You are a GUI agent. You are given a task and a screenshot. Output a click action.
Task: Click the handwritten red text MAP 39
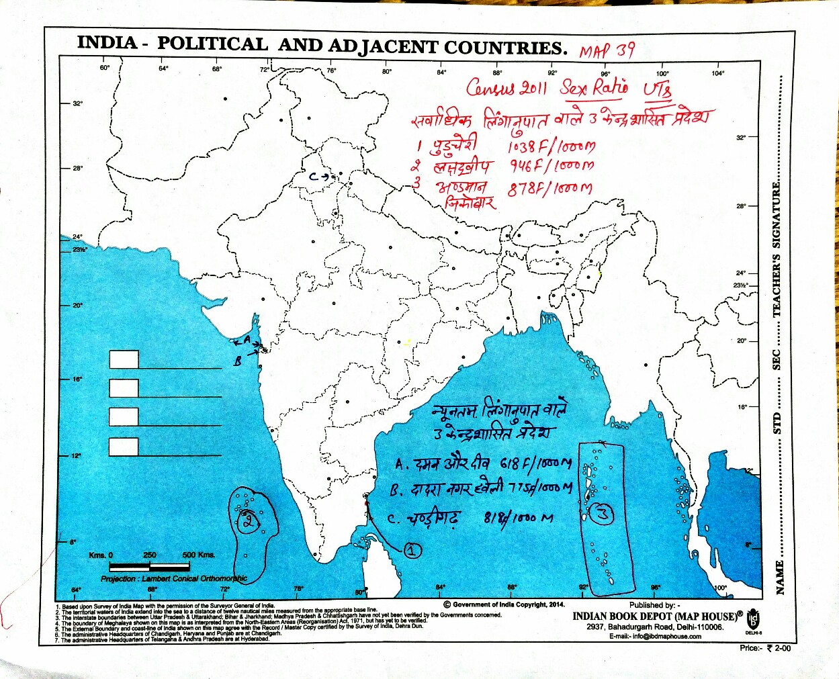pyautogui.click(x=607, y=51)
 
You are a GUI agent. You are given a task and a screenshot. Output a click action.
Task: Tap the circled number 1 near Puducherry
pyautogui.click(x=412, y=551)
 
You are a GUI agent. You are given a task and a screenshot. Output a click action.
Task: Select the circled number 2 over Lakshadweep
pyautogui.click(x=249, y=520)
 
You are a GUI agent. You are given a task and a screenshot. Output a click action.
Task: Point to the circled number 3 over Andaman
pyautogui.click(x=603, y=514)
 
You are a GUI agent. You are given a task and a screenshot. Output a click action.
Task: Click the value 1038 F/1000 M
pyautogui.click(x=551, y=146)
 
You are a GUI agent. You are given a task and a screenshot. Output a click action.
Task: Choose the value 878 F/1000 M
pyautogui.click(x=549, y=189)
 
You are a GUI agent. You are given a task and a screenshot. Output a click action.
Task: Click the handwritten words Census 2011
pyautogui.click(x=506, y=88)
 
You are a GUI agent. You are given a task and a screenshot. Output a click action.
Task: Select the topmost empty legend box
pyautogui.click(x=124, y=359)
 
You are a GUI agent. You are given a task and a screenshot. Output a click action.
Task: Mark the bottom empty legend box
pyautogui.click(x=124, y=447)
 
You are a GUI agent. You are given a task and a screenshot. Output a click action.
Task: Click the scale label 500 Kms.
pyautogui.click(x=198, y=555)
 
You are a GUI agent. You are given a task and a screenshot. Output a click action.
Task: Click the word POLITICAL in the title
pyautogui.click(x=212, y=44)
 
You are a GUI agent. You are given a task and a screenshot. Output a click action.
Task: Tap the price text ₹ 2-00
pyautogui.click(x=775, y=648)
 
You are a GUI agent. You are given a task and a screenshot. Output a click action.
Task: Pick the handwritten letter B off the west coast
pyautogui.click(x=237, y=361)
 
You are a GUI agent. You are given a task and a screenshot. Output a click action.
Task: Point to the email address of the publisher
pyautogui.click(x=655, y=636)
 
